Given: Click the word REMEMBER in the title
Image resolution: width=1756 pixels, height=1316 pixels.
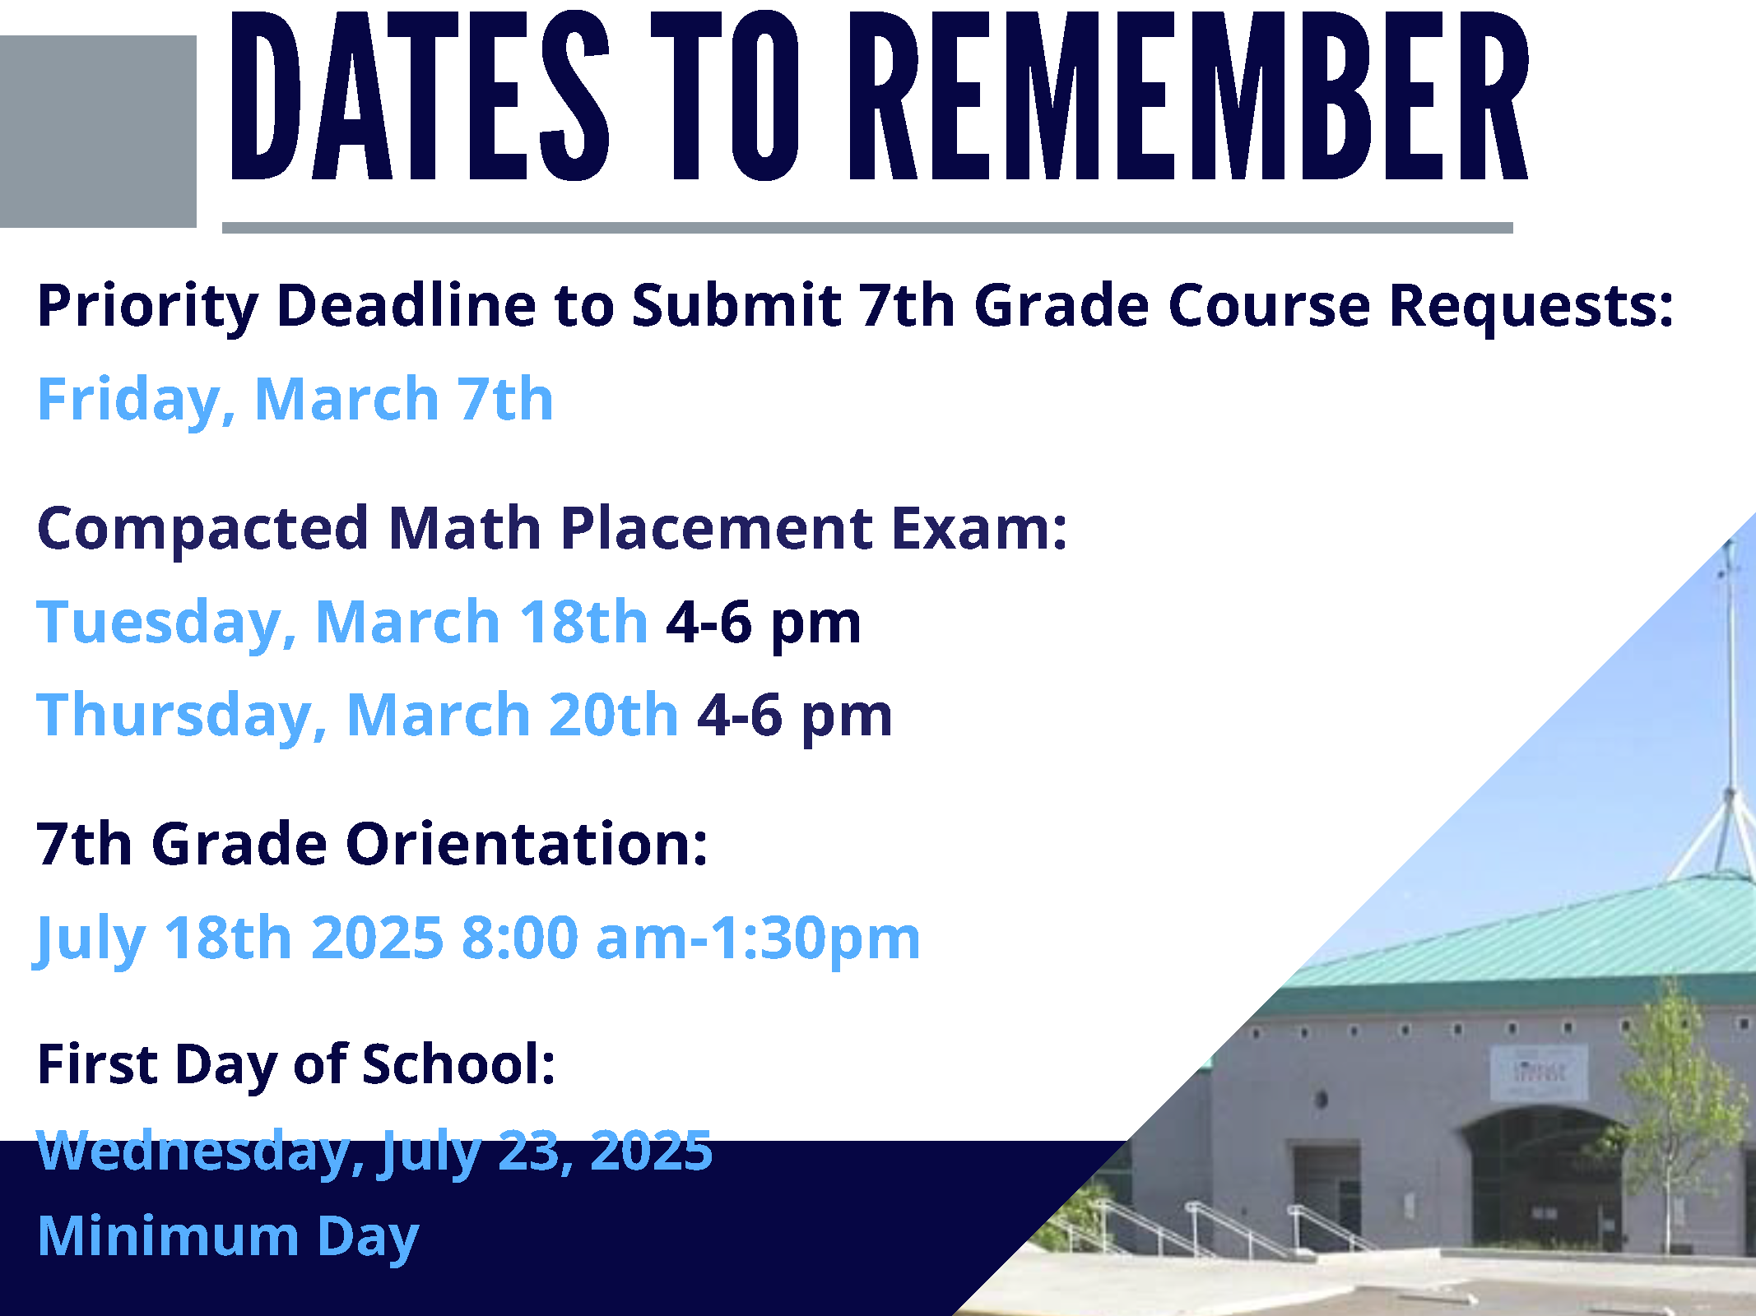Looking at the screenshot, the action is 1189,95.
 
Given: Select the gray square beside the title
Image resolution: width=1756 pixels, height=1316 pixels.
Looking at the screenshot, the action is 98,132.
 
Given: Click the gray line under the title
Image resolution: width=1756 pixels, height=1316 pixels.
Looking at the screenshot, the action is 867,228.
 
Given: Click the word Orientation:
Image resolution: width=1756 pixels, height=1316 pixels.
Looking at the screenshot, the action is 527,845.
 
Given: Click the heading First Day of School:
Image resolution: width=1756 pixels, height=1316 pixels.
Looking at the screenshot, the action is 297,1065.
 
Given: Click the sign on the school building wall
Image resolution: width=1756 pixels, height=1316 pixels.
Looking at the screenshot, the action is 1539,1073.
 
